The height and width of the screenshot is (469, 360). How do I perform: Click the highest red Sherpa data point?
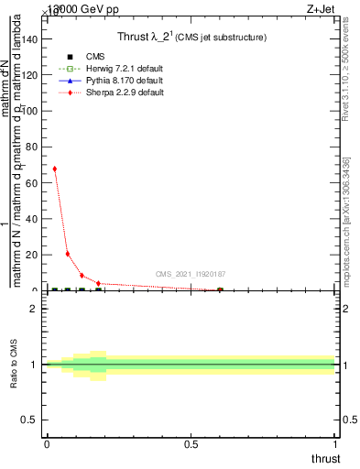[54, 169]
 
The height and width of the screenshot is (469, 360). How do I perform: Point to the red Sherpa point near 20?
[68, 254]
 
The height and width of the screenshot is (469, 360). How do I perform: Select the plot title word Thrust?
[134, 37]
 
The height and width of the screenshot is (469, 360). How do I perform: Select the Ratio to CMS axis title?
[15, 365]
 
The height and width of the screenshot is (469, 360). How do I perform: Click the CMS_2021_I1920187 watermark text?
[190, 274]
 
